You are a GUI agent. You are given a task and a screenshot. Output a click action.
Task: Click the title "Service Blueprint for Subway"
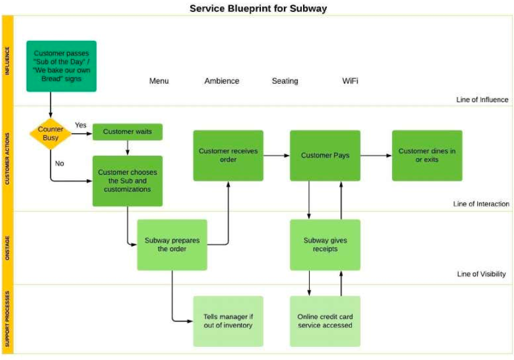[x=258, y=8]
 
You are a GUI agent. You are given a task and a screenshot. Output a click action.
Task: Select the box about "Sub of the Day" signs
[x=61, y=66]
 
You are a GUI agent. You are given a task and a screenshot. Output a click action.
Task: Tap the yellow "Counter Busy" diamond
[x=51, y=134]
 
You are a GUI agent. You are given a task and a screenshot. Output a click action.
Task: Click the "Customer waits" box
[x=127, y=132]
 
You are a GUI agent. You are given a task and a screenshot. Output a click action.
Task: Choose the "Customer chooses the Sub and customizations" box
[x=127, y=181]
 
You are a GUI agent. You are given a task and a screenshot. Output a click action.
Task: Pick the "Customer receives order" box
[x=228, y=156]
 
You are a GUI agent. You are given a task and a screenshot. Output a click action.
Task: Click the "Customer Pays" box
[x=325, y=156]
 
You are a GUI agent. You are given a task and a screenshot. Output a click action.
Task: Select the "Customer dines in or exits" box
[x=427, y=156]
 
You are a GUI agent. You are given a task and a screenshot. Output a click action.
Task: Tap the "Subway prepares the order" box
[x=172, y=245]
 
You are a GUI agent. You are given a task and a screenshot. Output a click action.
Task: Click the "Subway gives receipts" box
[x=325, y=245]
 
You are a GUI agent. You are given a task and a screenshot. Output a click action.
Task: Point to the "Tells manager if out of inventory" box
[x=228, y=321]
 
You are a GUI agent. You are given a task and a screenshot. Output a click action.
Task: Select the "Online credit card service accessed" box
[x=325, y=321]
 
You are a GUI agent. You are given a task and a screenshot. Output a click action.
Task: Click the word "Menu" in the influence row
[x=159, y=81]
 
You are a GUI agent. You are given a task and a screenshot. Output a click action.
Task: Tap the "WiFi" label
[x=350, y=81]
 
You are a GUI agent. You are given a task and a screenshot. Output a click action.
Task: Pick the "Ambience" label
[x=222, y=81]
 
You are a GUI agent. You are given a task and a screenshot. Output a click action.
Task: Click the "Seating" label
[x=285, y=81]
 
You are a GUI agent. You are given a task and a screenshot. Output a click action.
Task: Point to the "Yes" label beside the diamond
[x=80, y=125]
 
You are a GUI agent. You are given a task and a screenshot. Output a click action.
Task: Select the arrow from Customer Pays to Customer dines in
[x=376, y=156]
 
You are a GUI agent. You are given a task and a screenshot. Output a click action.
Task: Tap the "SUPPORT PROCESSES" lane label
[x=8, y=319]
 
